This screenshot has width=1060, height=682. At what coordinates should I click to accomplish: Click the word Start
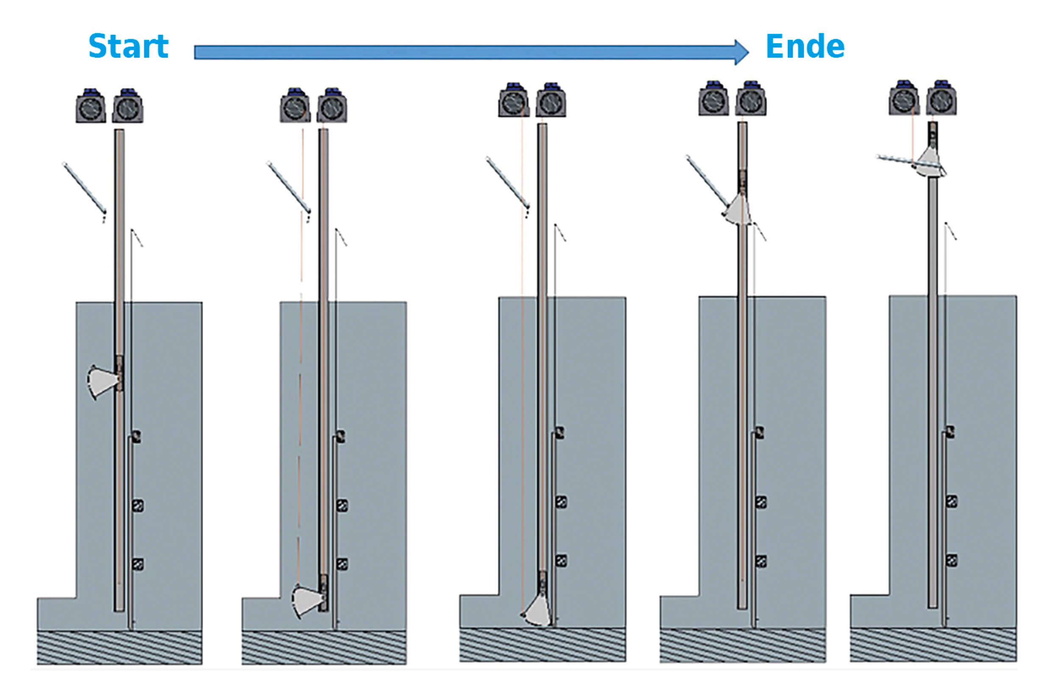[128, 46]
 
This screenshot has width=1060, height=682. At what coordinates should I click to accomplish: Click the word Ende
[805, 46]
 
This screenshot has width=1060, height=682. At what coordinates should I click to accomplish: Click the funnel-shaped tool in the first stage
[103, 381]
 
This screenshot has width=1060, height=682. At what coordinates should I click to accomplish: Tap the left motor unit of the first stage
[91, 107]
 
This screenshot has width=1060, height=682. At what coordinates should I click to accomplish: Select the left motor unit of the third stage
[513, 101]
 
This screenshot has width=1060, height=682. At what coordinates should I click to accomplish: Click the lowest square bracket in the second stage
[342, 564]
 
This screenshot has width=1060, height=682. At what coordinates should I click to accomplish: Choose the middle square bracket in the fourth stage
[760, 502]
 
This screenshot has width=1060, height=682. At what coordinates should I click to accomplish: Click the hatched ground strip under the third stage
[542, 644]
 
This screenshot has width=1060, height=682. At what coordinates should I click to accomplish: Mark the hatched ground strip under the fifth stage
[932, 644]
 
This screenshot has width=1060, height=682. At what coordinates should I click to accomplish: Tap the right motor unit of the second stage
[332, 107]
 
